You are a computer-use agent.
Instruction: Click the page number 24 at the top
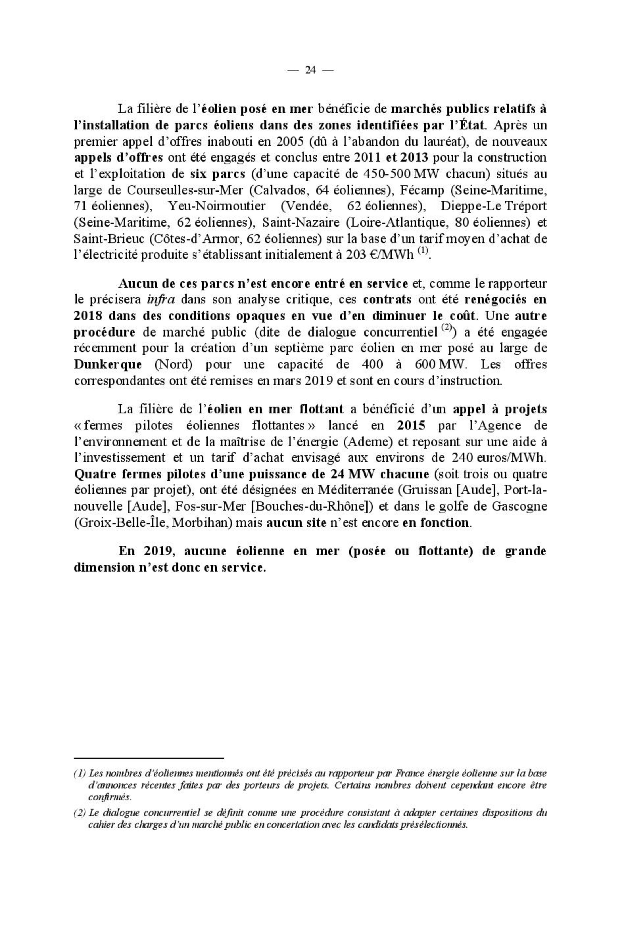tap(310, 70)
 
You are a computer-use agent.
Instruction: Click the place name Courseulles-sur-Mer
tap(184, 190)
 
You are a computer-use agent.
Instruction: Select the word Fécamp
tap(422, 190)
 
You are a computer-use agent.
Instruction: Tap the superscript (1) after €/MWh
tap(423, 251)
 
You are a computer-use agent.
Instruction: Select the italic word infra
tap(161, 300)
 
